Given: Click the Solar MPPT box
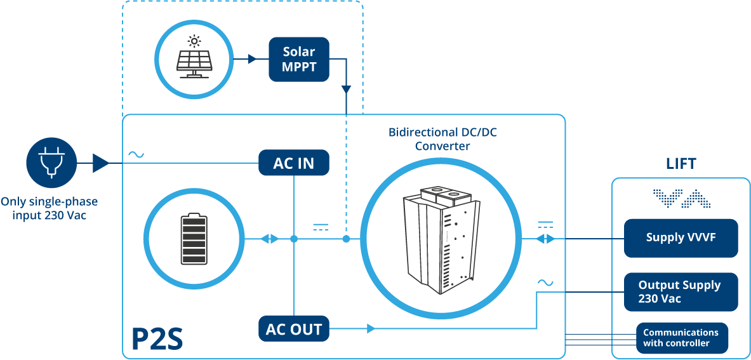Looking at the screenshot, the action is (299, 59).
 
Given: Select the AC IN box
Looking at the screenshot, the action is (294, 163).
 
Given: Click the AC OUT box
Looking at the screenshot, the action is (294, 329).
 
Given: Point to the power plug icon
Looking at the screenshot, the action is (51, 163).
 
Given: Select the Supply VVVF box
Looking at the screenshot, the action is (681, 238).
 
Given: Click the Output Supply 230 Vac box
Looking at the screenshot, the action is (681, 292).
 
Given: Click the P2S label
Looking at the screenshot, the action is (157, 339).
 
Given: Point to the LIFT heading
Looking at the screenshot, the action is (681, 164).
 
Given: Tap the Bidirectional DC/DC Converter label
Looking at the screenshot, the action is (442, 139).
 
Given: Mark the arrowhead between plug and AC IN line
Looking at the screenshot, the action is (100, 163).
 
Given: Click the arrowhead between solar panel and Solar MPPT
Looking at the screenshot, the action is (252, 59).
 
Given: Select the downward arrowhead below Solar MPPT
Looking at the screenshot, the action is (346, 90).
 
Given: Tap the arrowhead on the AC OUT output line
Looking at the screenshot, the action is (371, 329).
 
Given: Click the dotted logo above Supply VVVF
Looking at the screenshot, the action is (681, 199).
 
